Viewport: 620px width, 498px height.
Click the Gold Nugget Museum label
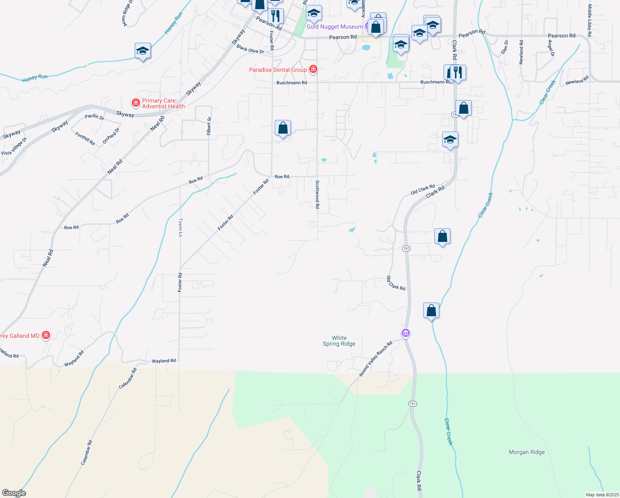coord(334,27)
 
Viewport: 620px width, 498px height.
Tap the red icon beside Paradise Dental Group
coord(313,69)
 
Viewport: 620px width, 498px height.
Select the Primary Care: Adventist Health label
coord(163,104)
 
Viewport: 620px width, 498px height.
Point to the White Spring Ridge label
coord(339,341)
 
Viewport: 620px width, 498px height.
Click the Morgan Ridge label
coord(527,452)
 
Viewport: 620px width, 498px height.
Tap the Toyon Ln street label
coord(180,227)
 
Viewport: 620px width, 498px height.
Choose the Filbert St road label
coord(209,126)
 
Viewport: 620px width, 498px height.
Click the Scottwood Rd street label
coord(317,194)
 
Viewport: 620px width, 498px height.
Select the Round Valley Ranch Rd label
coord(375,359)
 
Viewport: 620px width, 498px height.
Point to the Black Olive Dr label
coord(250,49)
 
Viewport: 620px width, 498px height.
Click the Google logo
coord(14,493)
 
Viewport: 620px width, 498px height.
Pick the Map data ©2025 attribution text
coord(602,495)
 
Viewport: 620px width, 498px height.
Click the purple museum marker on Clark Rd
coord(406,333)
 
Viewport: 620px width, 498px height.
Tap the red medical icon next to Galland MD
coord(46,335)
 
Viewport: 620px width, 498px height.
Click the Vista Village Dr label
coord(14,146)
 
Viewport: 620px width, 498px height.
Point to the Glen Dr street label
coord(504,47)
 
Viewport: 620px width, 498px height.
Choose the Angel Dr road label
coord(551,48)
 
